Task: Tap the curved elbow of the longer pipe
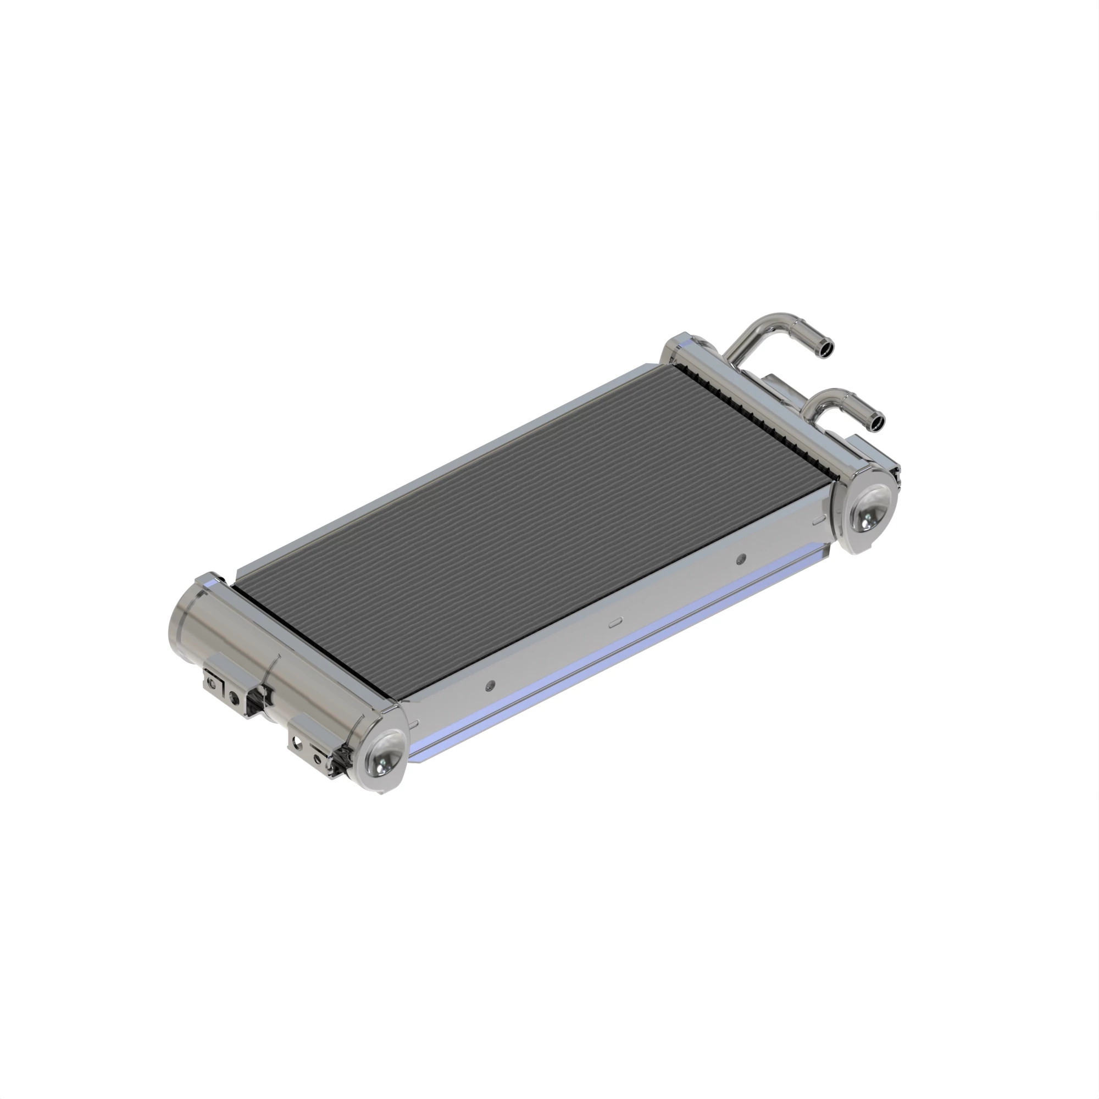point(779,319)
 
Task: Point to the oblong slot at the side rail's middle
point(615,624)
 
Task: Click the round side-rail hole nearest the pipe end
point(740,559)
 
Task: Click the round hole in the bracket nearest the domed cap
point(296,741)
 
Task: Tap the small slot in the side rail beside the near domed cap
point(414,724)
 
